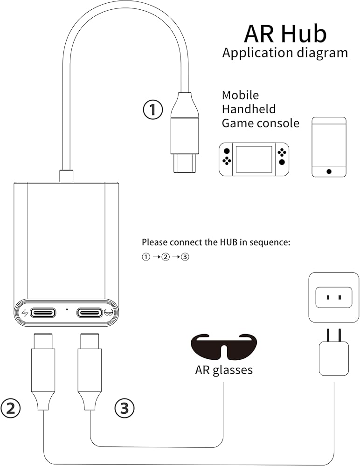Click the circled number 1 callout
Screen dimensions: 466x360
(152, 110)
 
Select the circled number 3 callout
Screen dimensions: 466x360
(125, 408)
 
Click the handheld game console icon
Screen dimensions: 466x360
(254, 159)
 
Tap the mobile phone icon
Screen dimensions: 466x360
(329, 147)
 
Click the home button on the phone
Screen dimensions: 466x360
(329, 171)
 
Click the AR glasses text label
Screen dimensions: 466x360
(224, 370)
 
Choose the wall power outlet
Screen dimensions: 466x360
(333, 297)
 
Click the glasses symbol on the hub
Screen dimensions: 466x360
(109, 312)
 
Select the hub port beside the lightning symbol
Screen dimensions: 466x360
(43, 312)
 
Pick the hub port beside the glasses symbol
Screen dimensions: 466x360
(90, 312)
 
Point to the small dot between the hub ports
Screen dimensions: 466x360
(67, 309)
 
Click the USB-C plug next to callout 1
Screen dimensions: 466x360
(185, 135)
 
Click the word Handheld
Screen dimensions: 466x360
(249, 109)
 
